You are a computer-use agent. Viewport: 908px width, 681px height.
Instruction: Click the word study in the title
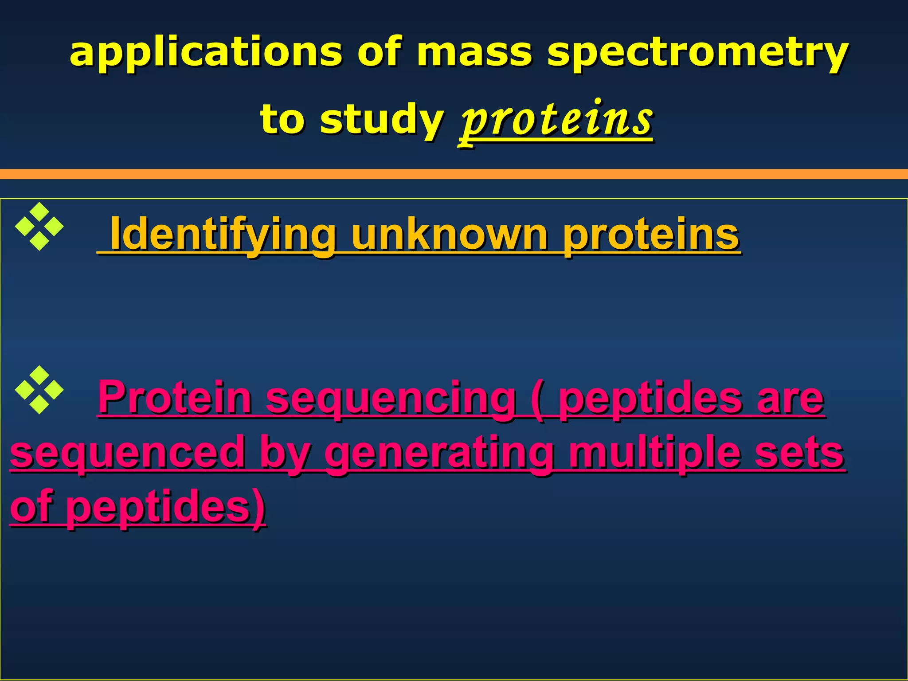381,119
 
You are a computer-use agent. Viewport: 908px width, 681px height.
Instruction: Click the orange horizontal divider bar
454,174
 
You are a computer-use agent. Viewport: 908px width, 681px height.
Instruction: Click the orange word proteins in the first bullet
651,234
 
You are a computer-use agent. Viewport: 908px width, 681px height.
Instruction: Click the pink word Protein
175,398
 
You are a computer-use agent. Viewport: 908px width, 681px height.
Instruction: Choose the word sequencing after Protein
391,398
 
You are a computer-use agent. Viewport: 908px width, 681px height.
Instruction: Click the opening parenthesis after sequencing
538,398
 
